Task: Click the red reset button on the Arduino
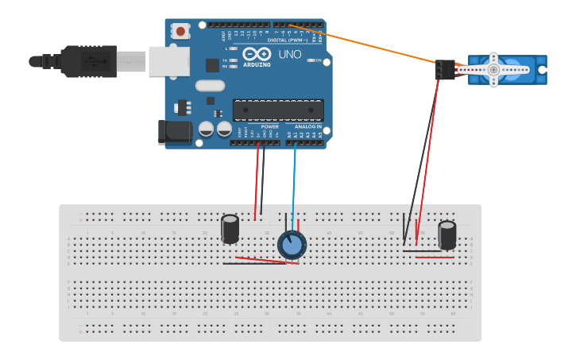[181, 31]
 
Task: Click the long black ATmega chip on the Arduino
[278, 111]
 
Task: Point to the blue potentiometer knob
[292, 246]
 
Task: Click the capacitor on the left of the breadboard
[230, 229]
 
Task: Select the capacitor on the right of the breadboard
[447, 235]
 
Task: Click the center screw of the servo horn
[493, 70]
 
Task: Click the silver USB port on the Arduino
[169, 61]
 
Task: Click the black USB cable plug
[87, 61]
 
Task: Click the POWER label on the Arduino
[270, 126]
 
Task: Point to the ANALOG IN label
[308, 126]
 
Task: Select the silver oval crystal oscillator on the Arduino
[210, 86]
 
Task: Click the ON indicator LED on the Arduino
[311, 60]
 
